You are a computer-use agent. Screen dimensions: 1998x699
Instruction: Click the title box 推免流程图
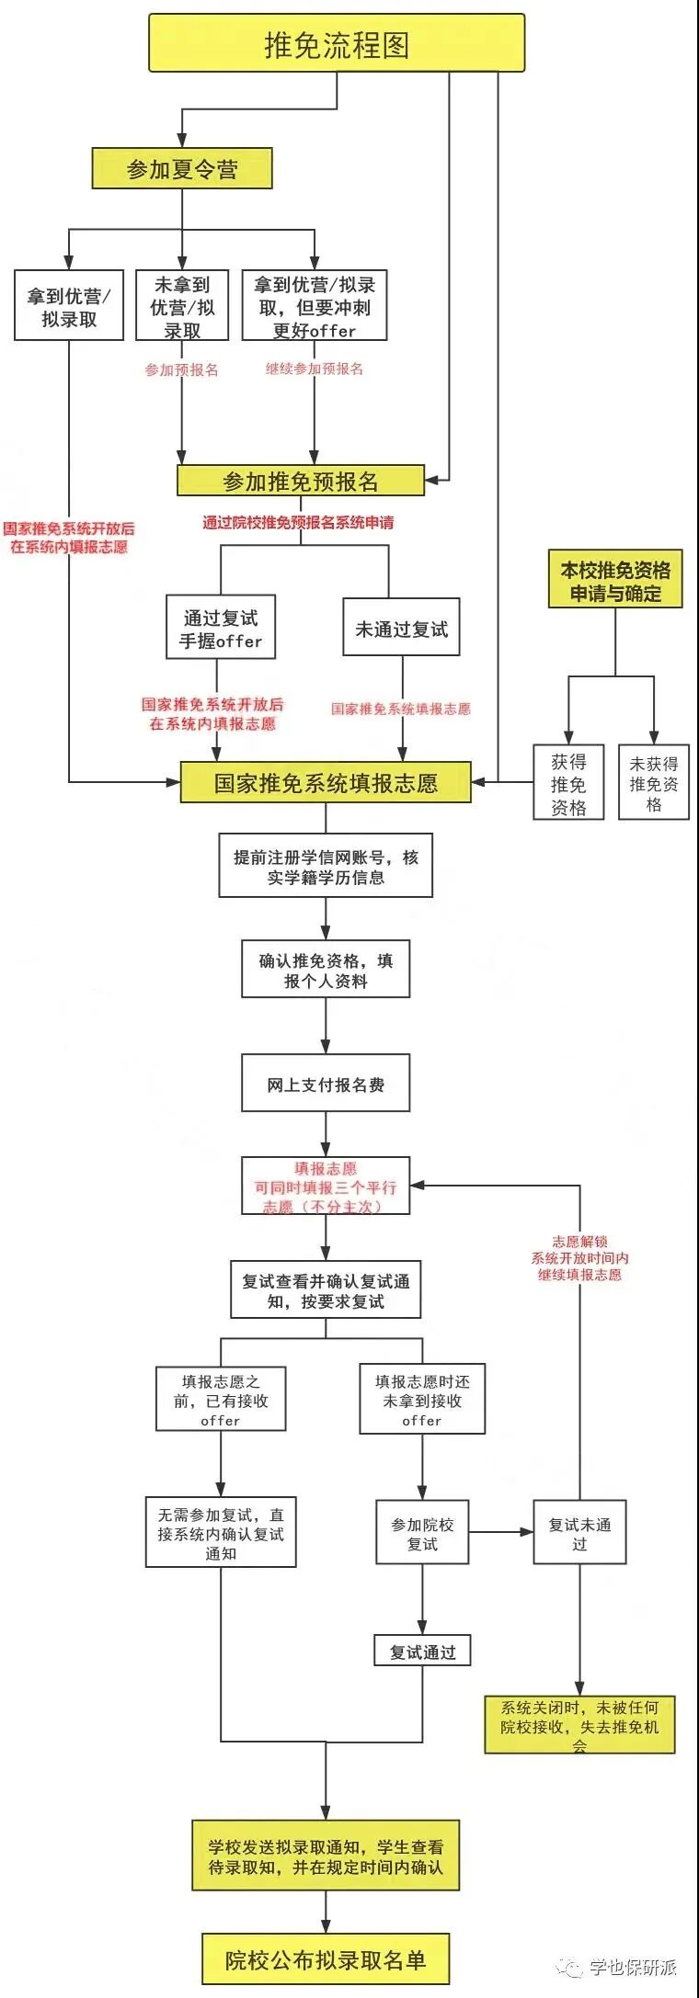click(x=337, y=43)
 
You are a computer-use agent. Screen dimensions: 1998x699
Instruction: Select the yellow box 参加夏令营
click(x=182, y=169)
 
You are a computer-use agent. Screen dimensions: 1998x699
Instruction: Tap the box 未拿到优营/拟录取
click(x=182, y=307)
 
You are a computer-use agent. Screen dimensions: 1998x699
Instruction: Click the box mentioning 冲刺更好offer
click(x=315, y=307)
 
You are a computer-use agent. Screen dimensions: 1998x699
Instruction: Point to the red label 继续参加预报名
click(x=315, y=369)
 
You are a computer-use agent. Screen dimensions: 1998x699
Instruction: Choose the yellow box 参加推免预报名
click(x=301, y=481)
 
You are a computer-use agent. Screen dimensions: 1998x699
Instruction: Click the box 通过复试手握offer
click(x=221, y=629)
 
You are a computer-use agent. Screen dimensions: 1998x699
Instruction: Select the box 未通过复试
click(x=401, y=629)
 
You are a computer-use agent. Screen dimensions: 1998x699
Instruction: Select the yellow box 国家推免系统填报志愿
click(x=326, y=783)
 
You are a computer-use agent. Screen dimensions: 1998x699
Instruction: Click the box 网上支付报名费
click(x=326, y=1084)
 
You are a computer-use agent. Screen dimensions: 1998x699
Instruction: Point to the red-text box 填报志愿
click(x=326, y=1186)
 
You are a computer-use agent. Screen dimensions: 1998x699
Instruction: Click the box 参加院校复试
click(x=422, y=1533)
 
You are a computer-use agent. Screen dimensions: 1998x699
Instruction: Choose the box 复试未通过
click(x=579, y=1533)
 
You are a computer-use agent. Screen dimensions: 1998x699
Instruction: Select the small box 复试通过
click(x=422, y=1652)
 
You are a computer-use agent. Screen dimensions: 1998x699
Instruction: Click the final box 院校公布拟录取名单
click(x=326, y=1959)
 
